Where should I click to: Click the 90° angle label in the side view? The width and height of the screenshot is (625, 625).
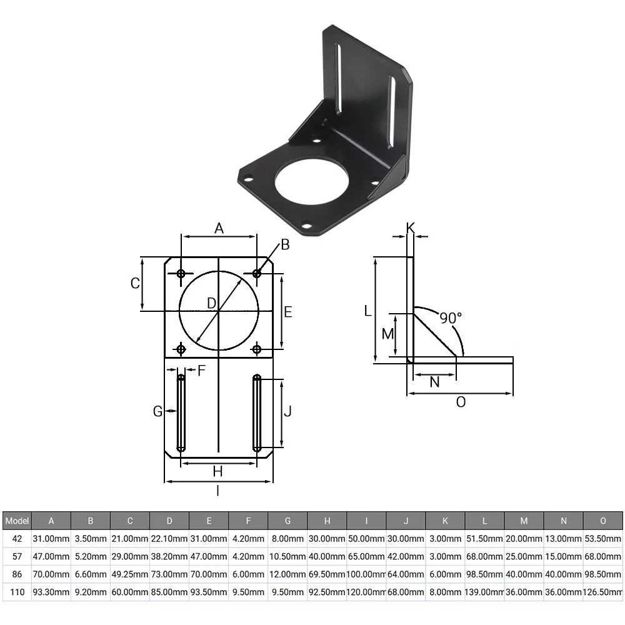coord(450,317)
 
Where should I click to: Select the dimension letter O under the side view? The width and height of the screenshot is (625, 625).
coord(461,402)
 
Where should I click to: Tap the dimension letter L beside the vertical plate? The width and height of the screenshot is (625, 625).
coord(368,310)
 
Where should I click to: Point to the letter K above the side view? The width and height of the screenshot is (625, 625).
coord(411,228)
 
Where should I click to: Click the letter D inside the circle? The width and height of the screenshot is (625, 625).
coord(211,303)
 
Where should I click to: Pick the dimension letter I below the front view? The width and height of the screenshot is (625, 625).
coord(218,491)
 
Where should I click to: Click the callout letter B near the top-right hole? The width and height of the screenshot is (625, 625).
coord(285,245)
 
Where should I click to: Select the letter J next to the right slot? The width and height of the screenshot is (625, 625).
coord(288,412)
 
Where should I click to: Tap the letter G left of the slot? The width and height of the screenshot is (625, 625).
coord(158,411)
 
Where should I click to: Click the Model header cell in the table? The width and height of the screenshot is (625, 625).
coord(17,521)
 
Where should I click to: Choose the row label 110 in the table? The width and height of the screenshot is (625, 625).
coord(17,592)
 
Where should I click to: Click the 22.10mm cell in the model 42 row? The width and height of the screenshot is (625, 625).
coord(169,539)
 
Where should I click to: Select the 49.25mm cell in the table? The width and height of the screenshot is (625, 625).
coord(130,574)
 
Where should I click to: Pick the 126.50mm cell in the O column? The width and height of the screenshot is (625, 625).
coord(603,592)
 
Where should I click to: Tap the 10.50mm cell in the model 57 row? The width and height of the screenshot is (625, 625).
coord(287,556)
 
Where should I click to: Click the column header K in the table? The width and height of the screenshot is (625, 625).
coord(445,521)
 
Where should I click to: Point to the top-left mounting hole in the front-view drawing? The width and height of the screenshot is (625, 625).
coord(181,274)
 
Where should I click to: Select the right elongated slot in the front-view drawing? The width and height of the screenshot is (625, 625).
coord(257,413)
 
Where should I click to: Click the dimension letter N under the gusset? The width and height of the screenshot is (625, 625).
coord(435,382)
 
